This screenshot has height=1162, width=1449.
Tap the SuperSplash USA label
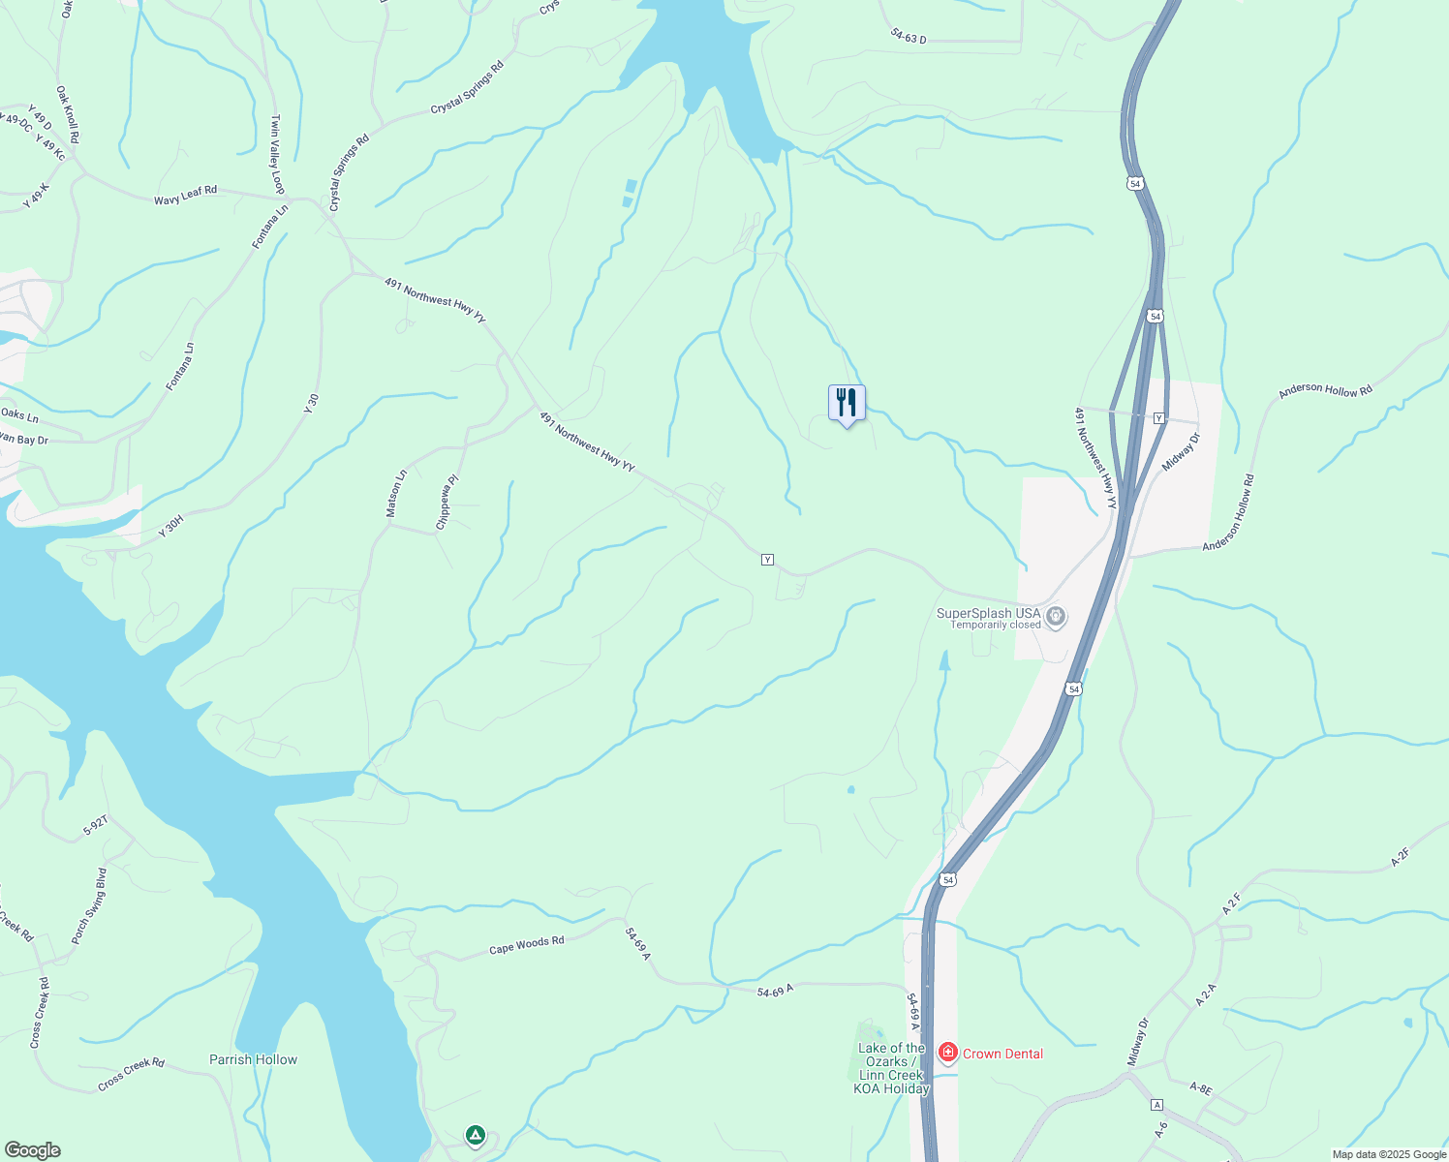coord(988,613)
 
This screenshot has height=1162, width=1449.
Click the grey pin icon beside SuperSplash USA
coord(1056,616)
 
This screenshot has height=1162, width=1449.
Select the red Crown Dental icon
coord(948,1053)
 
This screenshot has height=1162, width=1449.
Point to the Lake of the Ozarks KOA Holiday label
coord(891,1068)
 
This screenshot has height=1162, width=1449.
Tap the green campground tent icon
coord(475,1135)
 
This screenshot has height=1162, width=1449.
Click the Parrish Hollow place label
coord(254,1059)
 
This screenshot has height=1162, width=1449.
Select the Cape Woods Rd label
coord(526,945)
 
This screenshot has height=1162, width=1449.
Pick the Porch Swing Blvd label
coord(89,905)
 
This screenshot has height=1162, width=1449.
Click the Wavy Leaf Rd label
coord(185,195)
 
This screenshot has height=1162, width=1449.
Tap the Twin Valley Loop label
coord(277,155)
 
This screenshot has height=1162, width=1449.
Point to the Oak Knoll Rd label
coord(67,115)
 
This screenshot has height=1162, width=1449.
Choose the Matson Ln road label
coord(396,493)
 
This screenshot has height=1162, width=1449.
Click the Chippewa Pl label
coord(447,502)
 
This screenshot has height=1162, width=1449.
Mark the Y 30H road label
coord(170,527)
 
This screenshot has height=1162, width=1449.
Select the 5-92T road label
coord(95,825)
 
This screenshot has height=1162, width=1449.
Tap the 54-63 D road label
coord(909,36)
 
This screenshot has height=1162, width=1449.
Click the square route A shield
coord(1156,1105)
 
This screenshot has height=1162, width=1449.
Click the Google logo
coord(32,1150)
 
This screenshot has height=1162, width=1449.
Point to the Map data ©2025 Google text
coord(1388,1154)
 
